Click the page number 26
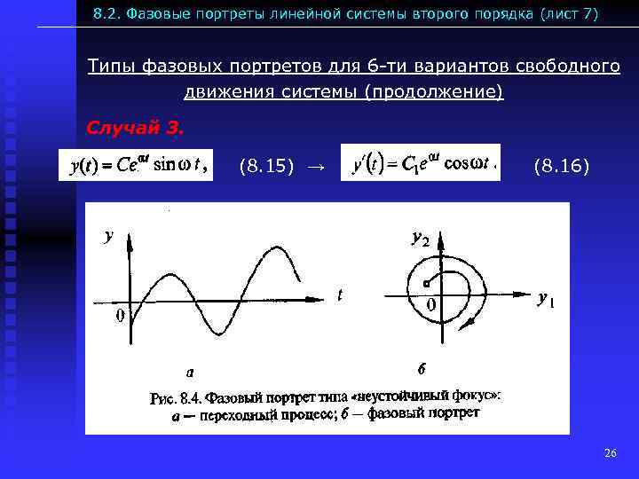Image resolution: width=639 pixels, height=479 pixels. pos(610,453)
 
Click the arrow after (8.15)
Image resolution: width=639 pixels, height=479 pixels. pos(315,166)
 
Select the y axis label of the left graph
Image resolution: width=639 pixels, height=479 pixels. pos(109,235)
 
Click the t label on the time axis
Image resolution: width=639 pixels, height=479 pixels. pos(340,296)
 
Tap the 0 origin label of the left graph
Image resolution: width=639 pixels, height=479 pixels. pos(119,318)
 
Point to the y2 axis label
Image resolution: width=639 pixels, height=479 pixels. pos(419,238)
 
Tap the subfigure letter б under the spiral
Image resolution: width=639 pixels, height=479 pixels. pos(422,367)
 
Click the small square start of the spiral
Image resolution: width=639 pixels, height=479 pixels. pos(427,284)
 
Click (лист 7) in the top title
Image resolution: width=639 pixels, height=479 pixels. pos(564,14)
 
